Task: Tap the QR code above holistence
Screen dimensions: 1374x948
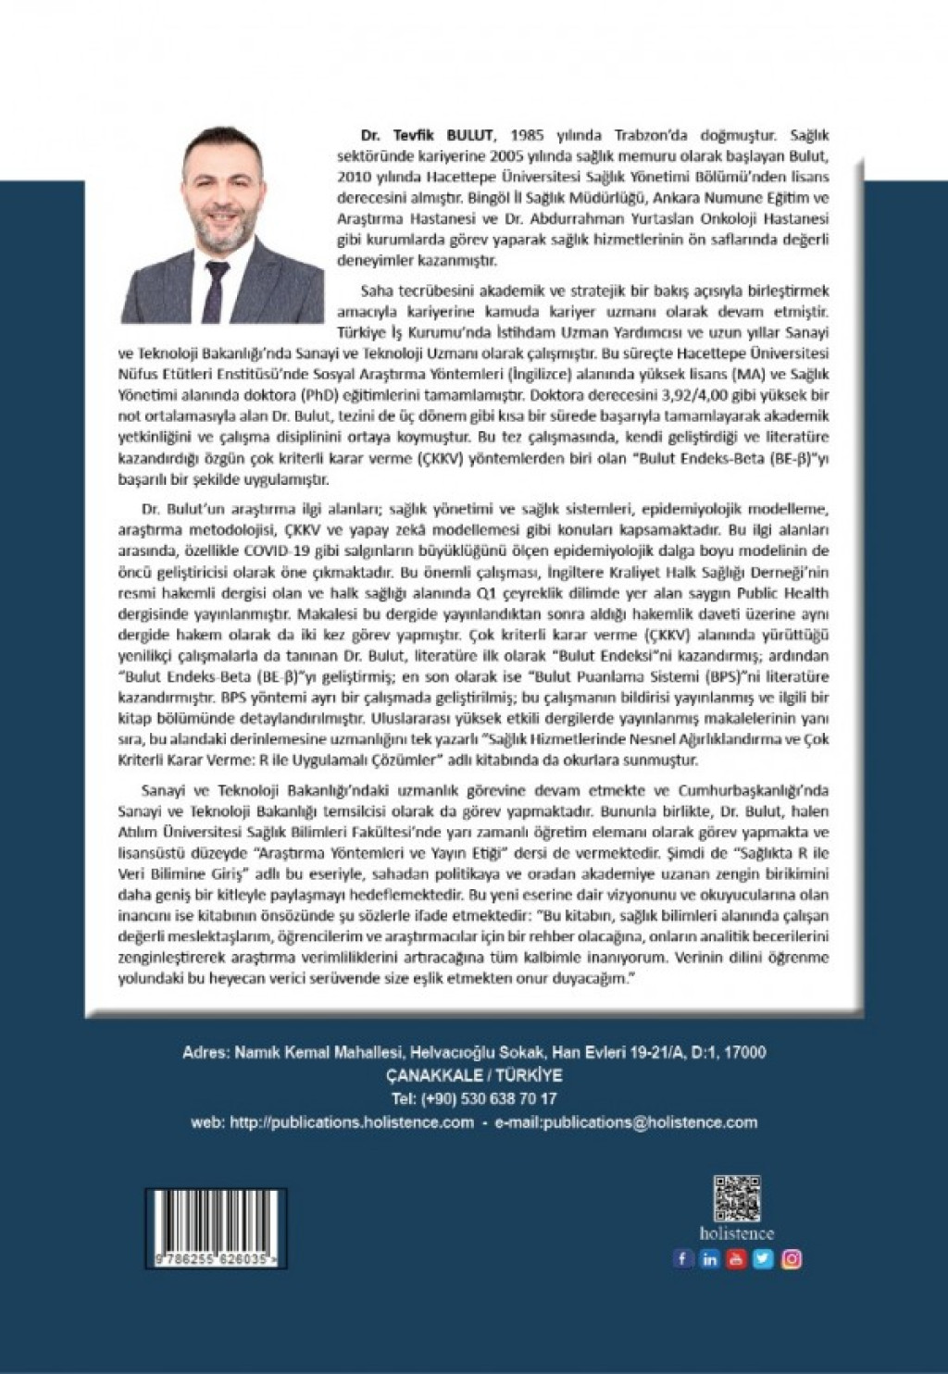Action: point(737,1198)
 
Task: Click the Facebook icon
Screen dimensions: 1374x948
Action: point(682,1258)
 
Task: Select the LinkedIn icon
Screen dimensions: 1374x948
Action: point(709,1258)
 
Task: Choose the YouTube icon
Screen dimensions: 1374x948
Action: point(736,1258)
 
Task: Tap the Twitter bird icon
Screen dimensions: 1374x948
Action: point(763,1258)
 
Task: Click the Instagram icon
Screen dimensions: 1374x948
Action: point(791,1258)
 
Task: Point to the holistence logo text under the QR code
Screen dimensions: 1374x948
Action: point(737,1233)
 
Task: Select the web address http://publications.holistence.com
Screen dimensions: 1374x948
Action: point(352,1122)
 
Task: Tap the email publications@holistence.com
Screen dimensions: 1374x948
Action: point(627,1122)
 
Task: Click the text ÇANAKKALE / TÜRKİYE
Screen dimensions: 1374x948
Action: point(474,1076)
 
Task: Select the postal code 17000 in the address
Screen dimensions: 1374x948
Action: point(744,1053)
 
